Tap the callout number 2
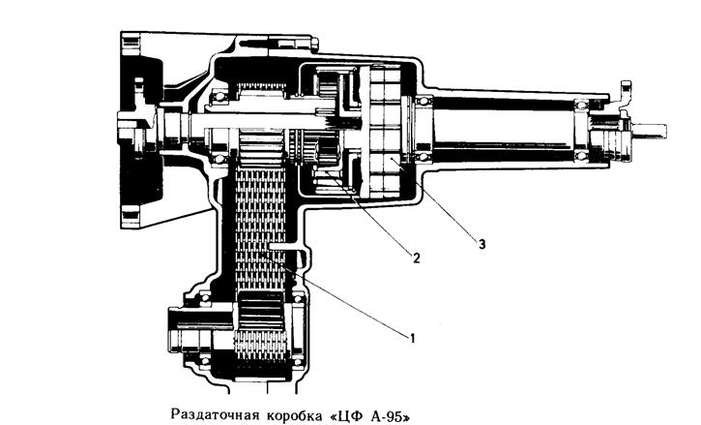[416, 258]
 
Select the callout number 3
[482, 244]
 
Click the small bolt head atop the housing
[314, 44]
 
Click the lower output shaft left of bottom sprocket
[200, 322]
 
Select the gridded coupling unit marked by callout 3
[386, 131]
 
